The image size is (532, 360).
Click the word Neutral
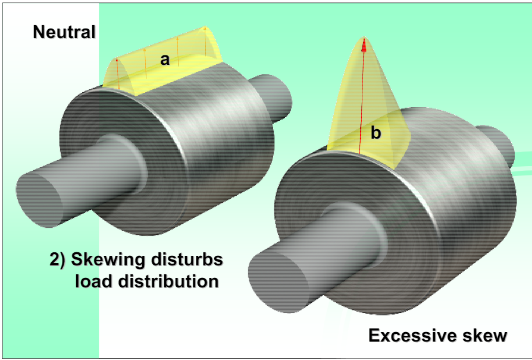point(64,32)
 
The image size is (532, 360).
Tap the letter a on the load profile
point(165,59)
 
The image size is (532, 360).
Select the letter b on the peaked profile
point(375,133)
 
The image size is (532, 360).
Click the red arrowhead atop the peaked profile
point(364,43)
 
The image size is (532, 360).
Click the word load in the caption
point(92,281)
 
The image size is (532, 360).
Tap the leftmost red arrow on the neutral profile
point(118,74)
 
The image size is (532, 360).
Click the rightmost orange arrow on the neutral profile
point(204,42)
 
